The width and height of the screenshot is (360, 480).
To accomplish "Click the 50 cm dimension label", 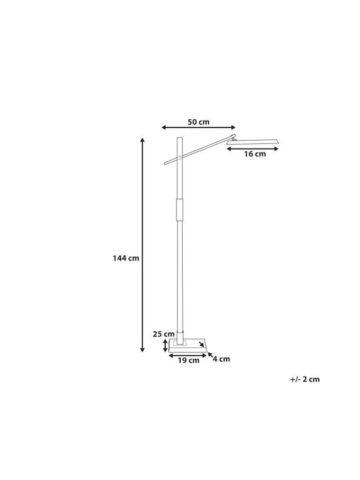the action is [199, 122].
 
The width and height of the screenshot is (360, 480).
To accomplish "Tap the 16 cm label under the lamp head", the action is [255, 154].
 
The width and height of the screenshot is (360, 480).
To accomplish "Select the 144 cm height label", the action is [126, 258].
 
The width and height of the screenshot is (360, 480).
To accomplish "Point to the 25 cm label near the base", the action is [163, 334].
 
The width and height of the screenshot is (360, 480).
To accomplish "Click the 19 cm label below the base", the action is [188, 360].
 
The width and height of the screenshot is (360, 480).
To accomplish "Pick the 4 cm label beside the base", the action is [221, 359].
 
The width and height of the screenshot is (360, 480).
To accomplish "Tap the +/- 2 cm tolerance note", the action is [305, 379].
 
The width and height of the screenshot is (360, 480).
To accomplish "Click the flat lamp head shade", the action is [253, 141].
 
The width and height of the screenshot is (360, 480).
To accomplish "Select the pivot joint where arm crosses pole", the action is [180, 158].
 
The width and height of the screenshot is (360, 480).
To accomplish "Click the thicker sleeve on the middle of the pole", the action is [180, 210].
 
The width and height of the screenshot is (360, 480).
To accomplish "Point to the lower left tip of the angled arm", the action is [165, 164].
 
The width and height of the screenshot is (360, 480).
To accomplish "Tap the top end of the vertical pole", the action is [180, 139].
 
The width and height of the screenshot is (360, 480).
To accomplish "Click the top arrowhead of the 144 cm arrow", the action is [143, 140].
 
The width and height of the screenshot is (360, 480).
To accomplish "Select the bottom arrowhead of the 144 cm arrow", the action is [143, 349].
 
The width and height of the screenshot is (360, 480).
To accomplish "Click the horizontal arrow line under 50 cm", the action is [199, 127].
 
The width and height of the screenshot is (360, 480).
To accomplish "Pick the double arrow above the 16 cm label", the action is [253, 149].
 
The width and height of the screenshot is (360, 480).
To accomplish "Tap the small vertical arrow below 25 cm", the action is [165, 345].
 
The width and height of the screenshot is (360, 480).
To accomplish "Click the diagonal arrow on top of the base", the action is [201, 344].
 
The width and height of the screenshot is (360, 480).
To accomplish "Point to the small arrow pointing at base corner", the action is [210, 355].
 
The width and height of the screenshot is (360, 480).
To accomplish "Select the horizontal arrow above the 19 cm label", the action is [188, 355].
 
